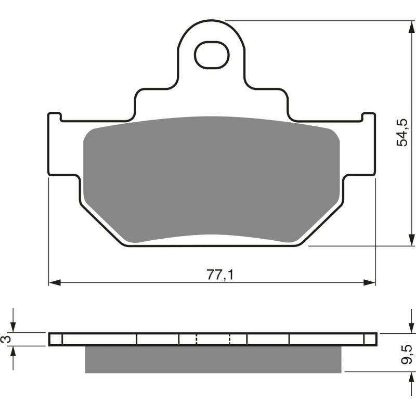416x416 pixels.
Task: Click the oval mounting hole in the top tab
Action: coord(212,54)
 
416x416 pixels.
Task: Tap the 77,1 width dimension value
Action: coord(216,274)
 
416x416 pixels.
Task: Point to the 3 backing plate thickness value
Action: coord(6,339)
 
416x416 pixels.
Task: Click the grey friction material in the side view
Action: coord(213,359)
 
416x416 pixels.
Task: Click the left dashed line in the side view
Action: coord(197,339)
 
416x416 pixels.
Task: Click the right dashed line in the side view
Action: coord(230,339)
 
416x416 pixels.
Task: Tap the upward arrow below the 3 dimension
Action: coord(14,352)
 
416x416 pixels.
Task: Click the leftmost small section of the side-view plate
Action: coord(56,339)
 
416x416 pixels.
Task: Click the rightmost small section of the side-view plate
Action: coord(370,339)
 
